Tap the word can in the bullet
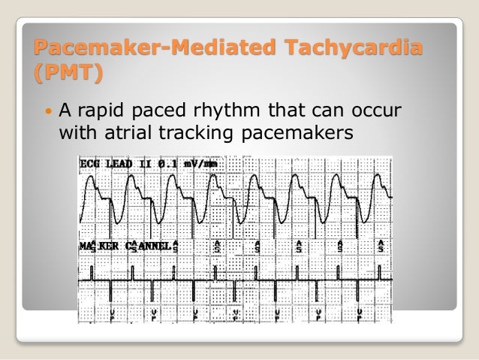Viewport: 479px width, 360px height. tap(327, 114)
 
